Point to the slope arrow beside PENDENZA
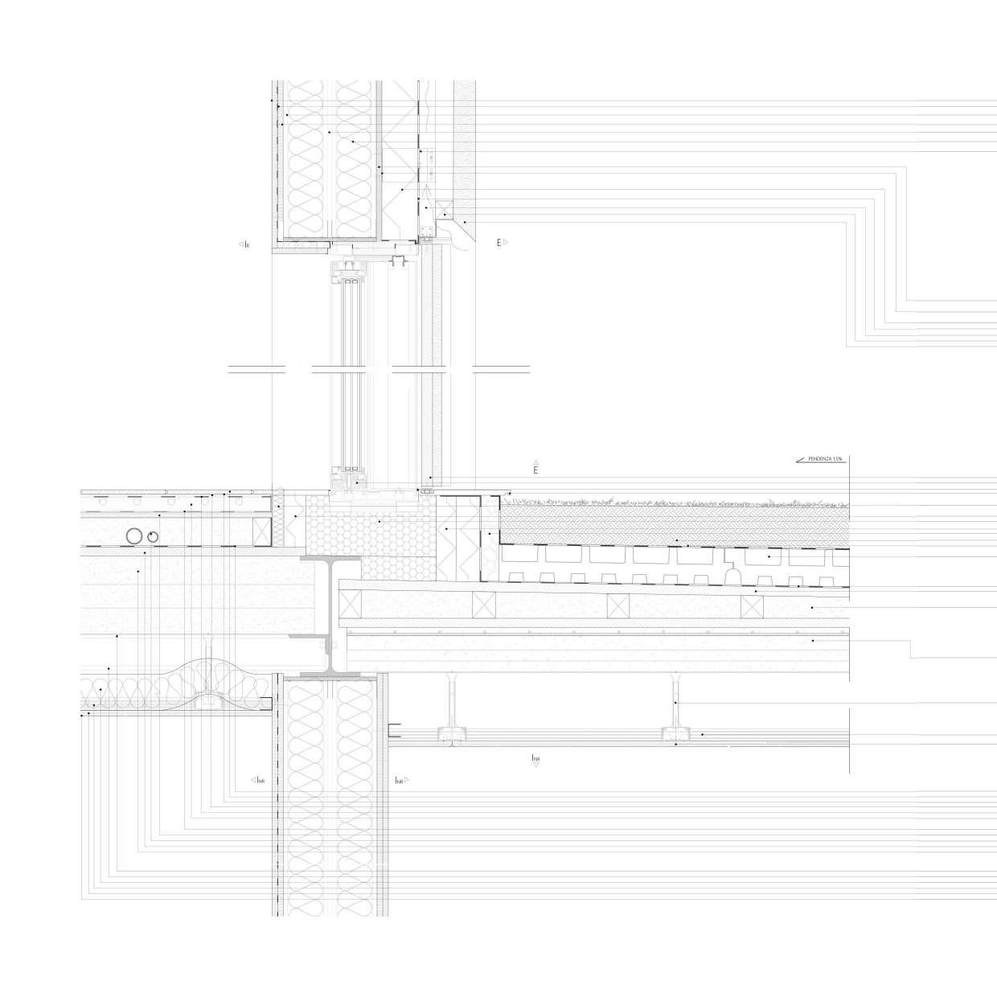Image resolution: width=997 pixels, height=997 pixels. pos(801,460)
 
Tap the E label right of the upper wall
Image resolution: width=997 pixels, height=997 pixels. pos(498,242)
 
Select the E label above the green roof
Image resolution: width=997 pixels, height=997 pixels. pos(535,468)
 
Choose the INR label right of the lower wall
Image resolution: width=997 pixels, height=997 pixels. pos(400,781)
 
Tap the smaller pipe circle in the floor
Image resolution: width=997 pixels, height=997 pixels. pos(153,535)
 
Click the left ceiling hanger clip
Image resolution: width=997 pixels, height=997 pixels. pos(452,733)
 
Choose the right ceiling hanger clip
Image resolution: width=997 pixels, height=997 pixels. pos(675,733)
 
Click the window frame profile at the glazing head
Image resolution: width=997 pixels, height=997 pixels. pos(351,269)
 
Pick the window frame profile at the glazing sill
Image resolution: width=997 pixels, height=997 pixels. pos(351,480)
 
